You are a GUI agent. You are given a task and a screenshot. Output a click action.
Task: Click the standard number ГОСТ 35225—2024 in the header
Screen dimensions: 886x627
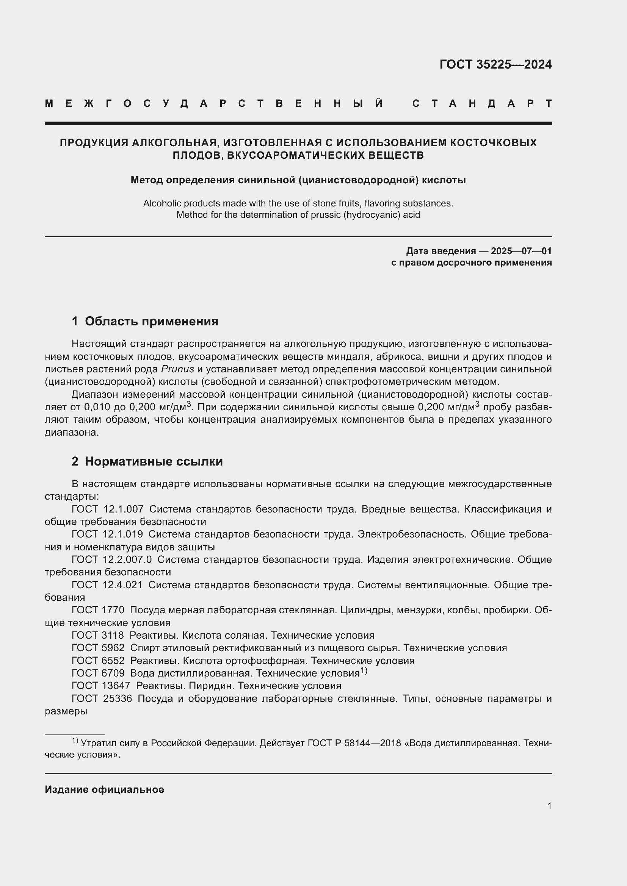coord(495,64)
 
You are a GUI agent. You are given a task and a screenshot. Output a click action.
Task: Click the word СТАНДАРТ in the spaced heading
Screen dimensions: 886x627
coord(482,103)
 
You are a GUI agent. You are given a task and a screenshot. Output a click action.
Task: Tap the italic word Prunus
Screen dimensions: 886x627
coord(177,369)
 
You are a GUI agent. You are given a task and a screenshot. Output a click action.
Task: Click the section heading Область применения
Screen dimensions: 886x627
coord(151,321)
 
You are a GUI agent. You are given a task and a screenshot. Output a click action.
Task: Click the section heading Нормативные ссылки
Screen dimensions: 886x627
coord(154,461)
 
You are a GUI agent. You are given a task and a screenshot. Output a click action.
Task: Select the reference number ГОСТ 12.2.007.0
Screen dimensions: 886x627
coord(111,559)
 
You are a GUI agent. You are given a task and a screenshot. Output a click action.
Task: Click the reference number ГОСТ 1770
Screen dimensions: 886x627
coord(98,610)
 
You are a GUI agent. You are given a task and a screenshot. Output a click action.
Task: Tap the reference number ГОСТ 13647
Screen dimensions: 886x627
coord(101,686)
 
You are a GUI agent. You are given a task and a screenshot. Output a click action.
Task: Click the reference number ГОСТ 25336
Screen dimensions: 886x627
coord(102,698)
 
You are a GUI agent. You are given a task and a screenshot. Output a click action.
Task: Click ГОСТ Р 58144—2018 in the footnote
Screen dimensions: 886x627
coord(354,743)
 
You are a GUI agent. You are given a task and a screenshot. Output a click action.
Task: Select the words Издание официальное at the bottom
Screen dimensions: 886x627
coord(104,789)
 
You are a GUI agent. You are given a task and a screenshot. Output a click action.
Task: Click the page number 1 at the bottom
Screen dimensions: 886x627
coord(549,806)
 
